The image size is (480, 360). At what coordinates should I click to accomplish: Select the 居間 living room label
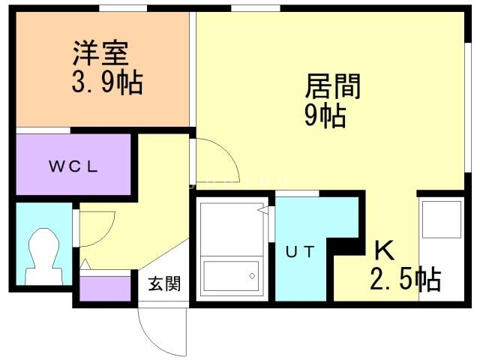click(x=333, y=87)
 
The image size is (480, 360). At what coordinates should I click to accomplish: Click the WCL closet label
click(x=74, y=167)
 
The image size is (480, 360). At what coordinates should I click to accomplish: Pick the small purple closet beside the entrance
click(x=106, y=289)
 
